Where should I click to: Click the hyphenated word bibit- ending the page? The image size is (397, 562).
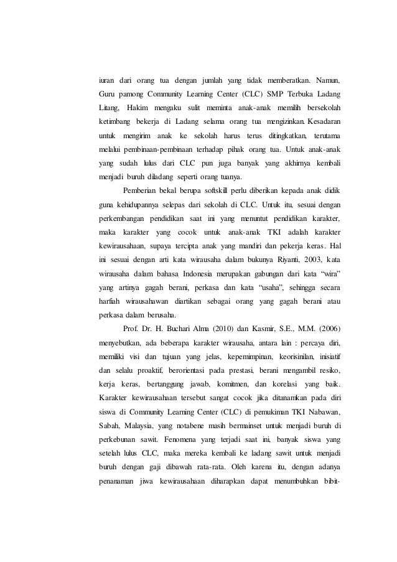[x=329, y=485]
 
